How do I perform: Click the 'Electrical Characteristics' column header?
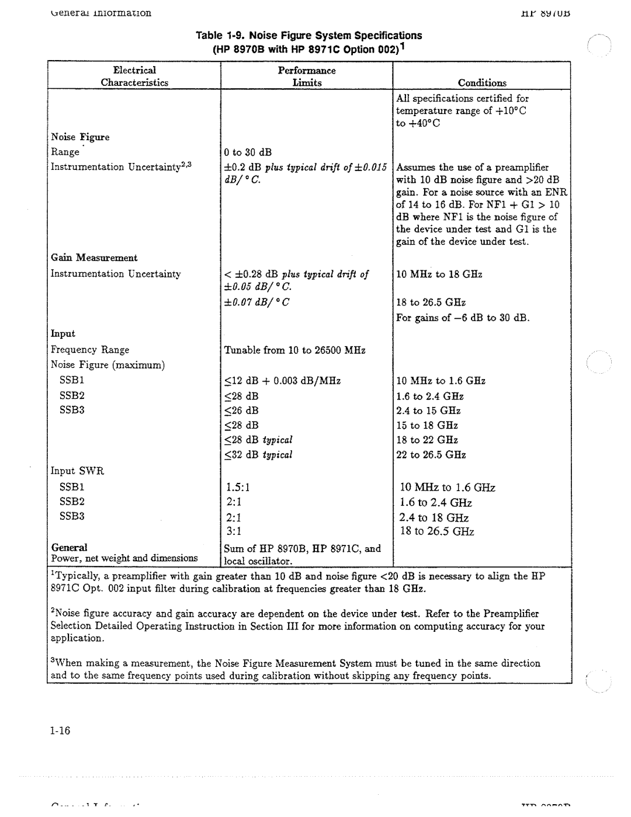[134, 77]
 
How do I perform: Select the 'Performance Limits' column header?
[307, 77]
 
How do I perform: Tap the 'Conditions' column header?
[482, 83]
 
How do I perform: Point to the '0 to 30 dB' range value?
[248, 152]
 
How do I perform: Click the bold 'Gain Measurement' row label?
[94, 258]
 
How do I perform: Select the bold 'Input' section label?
[63, 333]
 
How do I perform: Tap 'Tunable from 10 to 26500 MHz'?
[295, 350]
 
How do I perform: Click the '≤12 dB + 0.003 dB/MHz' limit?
[282, 381]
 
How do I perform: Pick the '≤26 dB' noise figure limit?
[241, 411]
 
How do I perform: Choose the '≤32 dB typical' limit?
[258, 455]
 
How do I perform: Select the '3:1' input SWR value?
[233, 531]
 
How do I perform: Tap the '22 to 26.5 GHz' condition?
[431, 455]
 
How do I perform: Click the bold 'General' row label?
[69, 547]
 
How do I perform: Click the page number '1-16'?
[60, 731]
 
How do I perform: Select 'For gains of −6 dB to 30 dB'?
[463, 318]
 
